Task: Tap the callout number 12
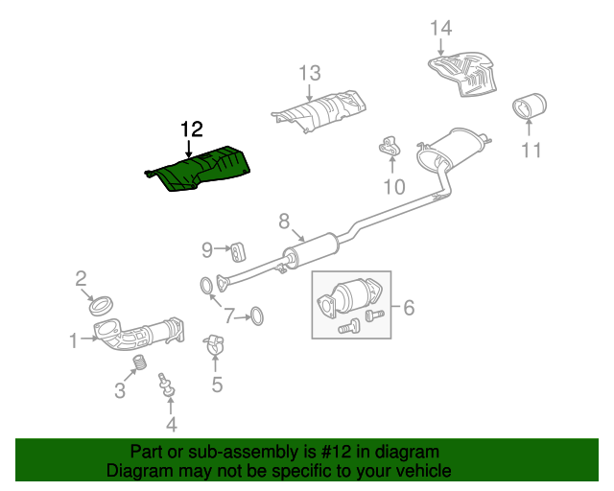click(192, 129)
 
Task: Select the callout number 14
click(441, 29)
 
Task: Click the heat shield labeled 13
click(319, 111)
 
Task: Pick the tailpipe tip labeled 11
click(530, 105)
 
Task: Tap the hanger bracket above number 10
click(389, 147)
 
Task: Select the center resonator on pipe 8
click(311, 251)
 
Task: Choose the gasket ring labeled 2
click(102, 306)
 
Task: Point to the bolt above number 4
click(166, 385)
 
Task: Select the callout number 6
click(409, 308)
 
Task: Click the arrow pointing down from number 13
click(310, 93)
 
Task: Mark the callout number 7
click(229, 316)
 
